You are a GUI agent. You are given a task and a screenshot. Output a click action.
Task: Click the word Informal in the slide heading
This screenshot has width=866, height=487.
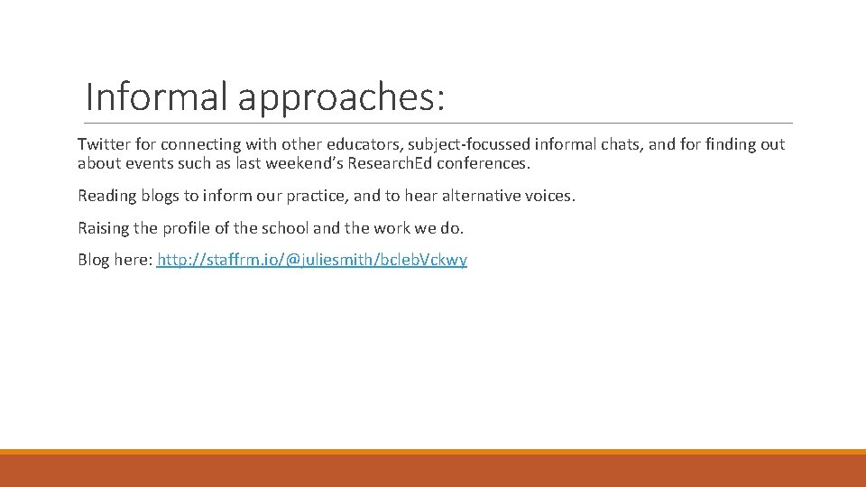pos(157,96)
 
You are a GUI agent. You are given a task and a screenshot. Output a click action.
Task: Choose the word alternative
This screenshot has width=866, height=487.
pos(481,196)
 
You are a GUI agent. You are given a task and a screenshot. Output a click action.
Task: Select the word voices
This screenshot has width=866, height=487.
pos(549,196)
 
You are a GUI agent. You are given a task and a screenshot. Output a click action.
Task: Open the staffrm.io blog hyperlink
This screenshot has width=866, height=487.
pos(312,261)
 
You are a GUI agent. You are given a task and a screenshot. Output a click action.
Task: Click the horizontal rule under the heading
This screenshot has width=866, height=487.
pos(438,123)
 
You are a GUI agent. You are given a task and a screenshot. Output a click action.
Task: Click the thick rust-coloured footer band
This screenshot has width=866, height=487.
pos(433,471)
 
